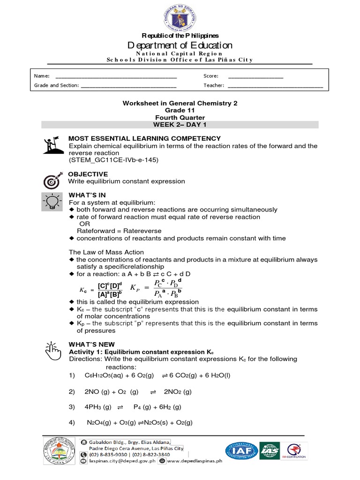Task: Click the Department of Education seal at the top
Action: (180, 16)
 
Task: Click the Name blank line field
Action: (116, 76)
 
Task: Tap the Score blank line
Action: (255, 76)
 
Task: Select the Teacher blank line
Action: (275, 86)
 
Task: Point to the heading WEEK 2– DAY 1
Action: (180, 125)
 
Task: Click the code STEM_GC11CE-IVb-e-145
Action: (114, 160)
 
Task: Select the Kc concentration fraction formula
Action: (103, 290)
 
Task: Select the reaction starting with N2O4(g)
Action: (140, 423)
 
